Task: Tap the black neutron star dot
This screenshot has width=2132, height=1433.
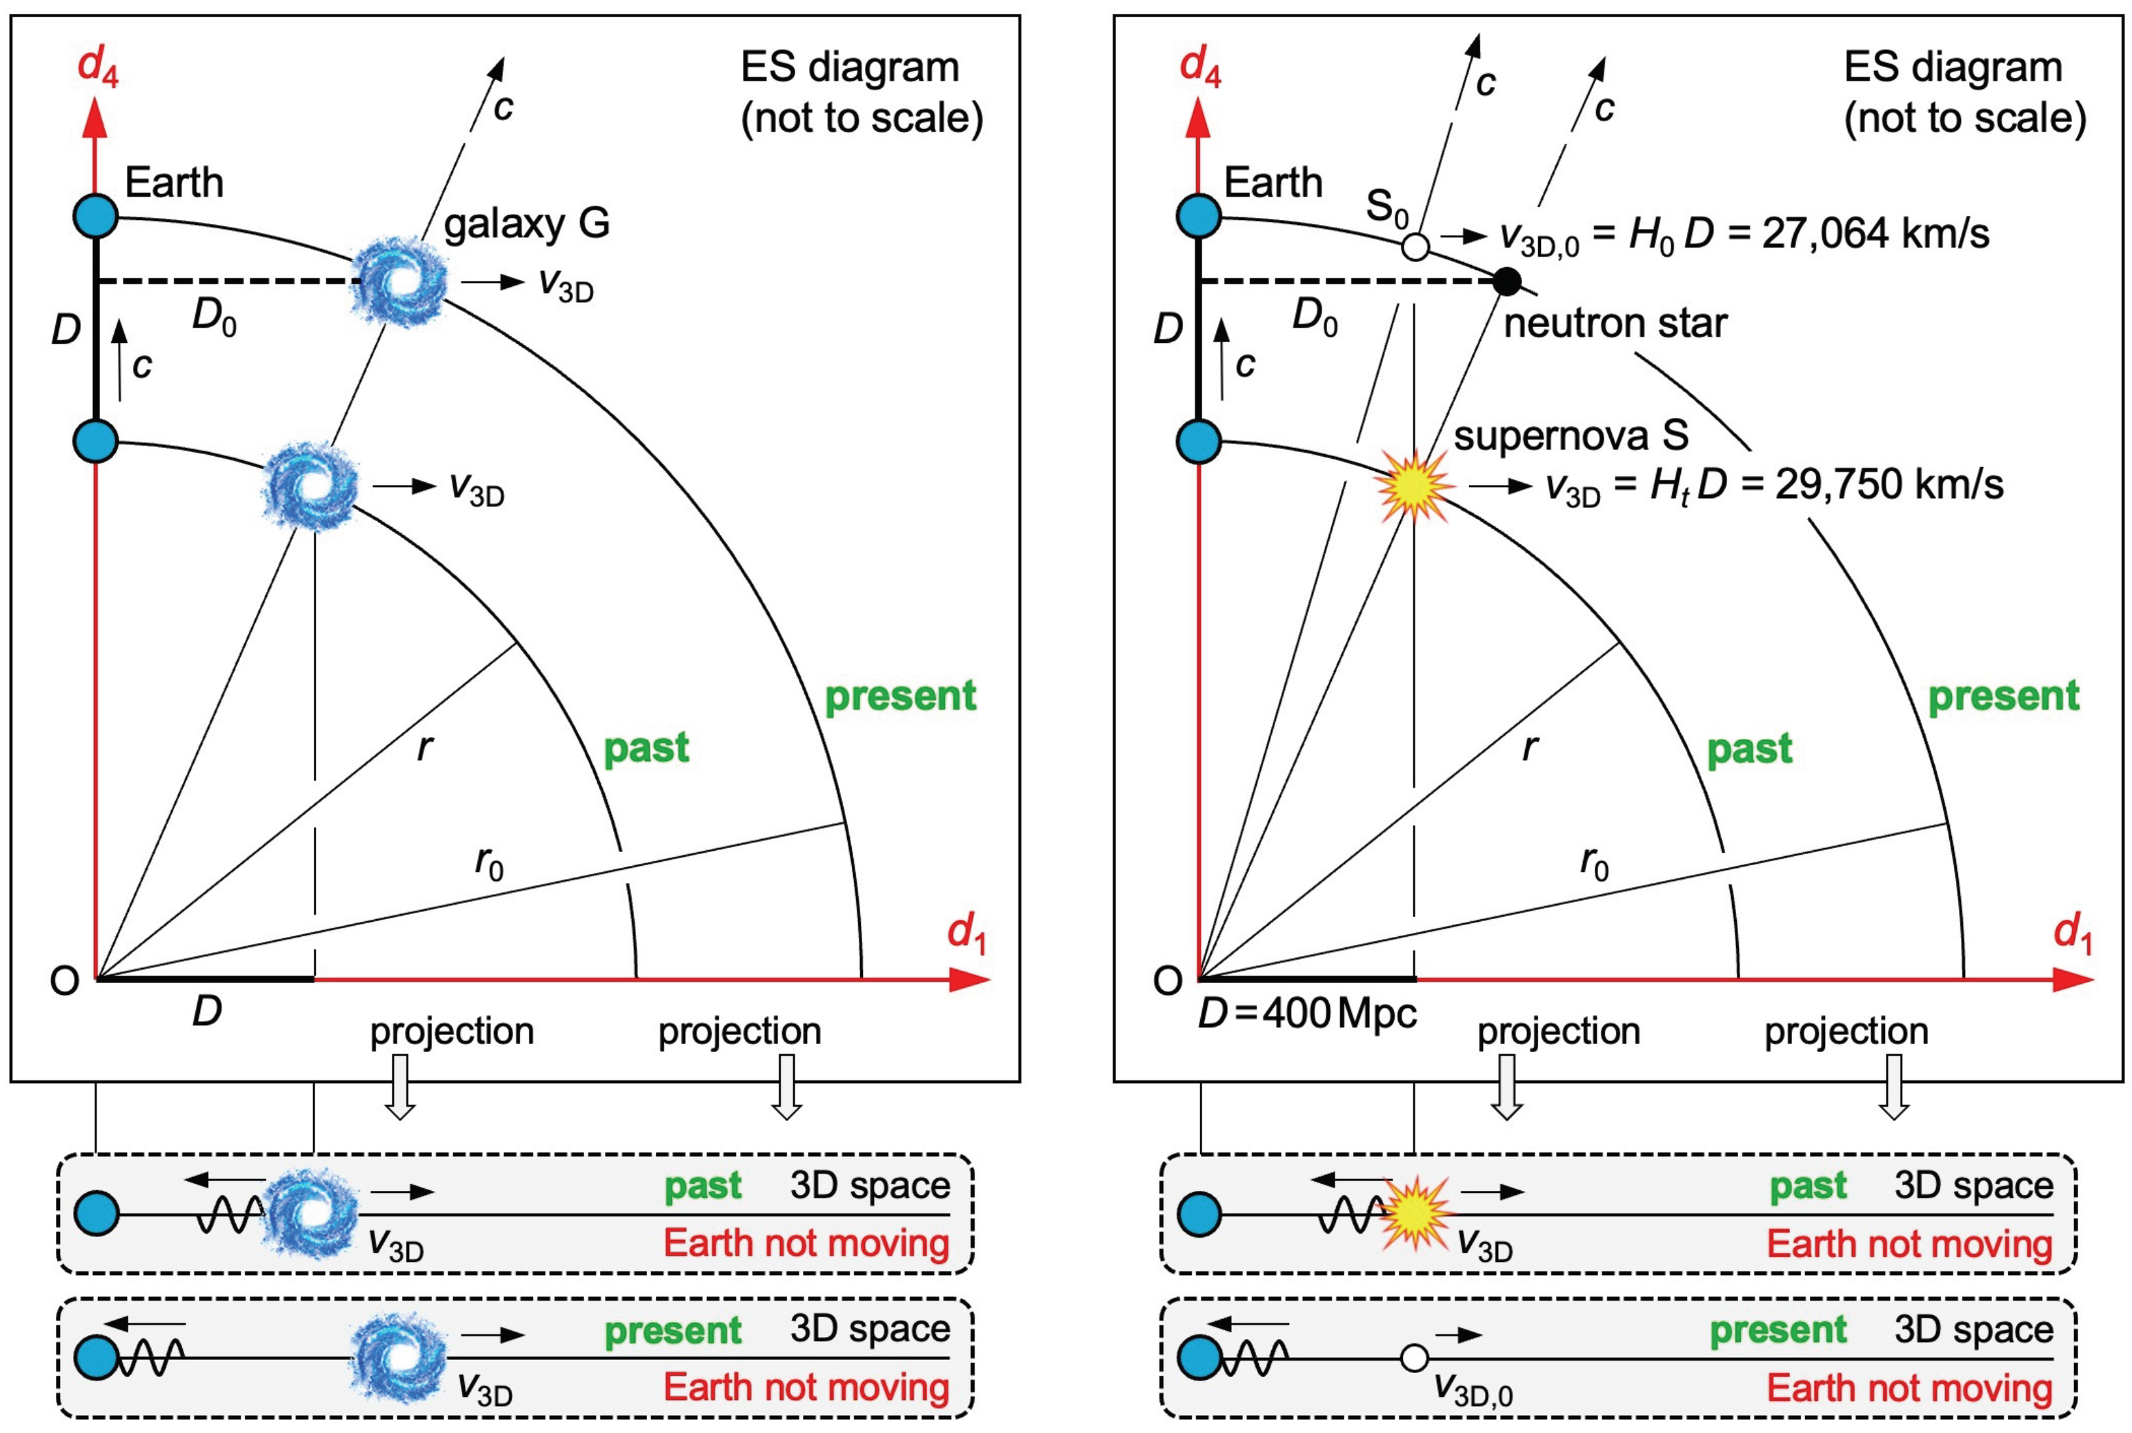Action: point(1506,281)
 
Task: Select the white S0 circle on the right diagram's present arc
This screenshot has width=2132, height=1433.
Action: point(1415,247)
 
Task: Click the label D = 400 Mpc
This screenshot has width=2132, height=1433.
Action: point(1307,1013)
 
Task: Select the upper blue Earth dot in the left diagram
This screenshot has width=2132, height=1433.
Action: point(96,217)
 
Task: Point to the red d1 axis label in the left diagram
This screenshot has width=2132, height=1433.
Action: point(966,934)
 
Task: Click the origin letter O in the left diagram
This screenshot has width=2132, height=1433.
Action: point(65,980)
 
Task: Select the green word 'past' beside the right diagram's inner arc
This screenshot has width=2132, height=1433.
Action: point(1749,749)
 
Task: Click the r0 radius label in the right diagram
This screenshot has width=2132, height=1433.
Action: point(1594,862)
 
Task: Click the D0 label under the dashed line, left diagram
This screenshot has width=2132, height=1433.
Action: point(214,317)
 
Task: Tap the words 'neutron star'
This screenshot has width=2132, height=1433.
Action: point(1615,324)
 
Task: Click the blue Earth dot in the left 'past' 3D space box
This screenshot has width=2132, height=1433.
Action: point(97,1214)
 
